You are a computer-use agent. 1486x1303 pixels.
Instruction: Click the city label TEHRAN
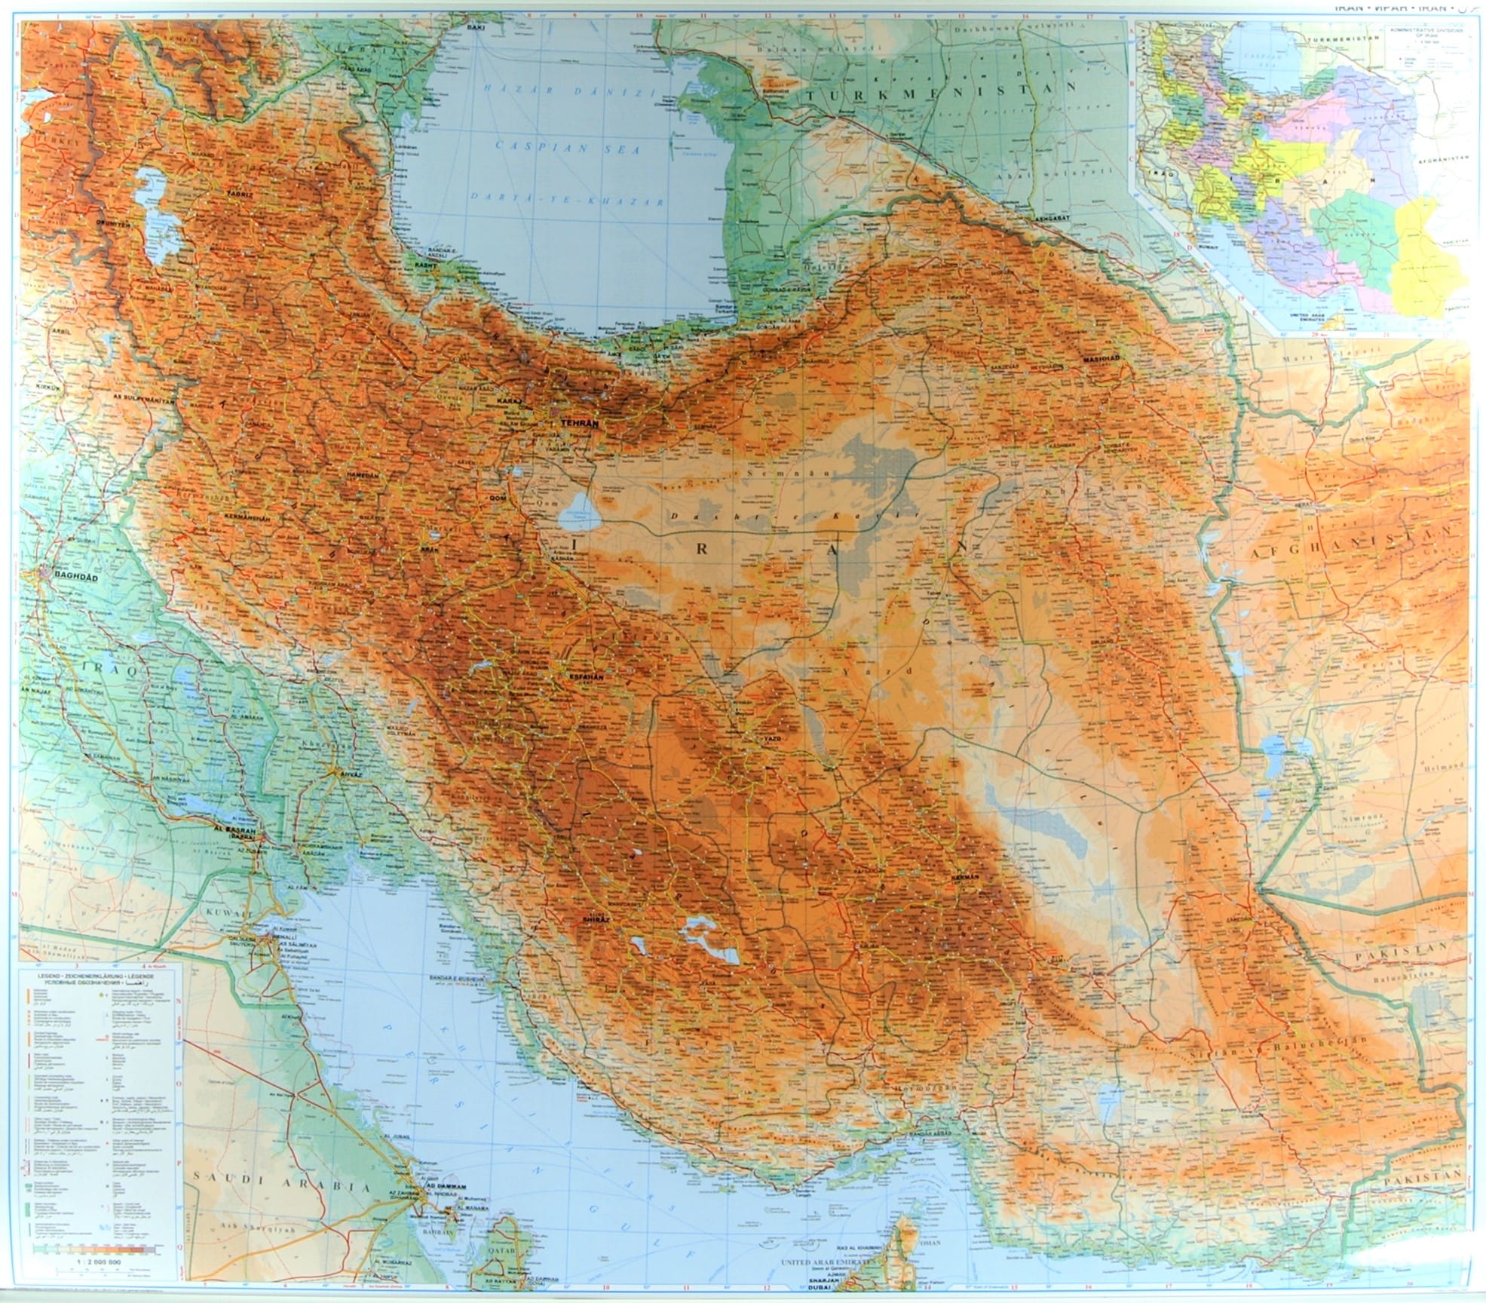coord(579,425)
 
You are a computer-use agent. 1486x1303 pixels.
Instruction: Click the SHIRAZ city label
coord(596,921)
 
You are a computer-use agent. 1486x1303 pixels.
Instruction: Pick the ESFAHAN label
coord(583,678)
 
